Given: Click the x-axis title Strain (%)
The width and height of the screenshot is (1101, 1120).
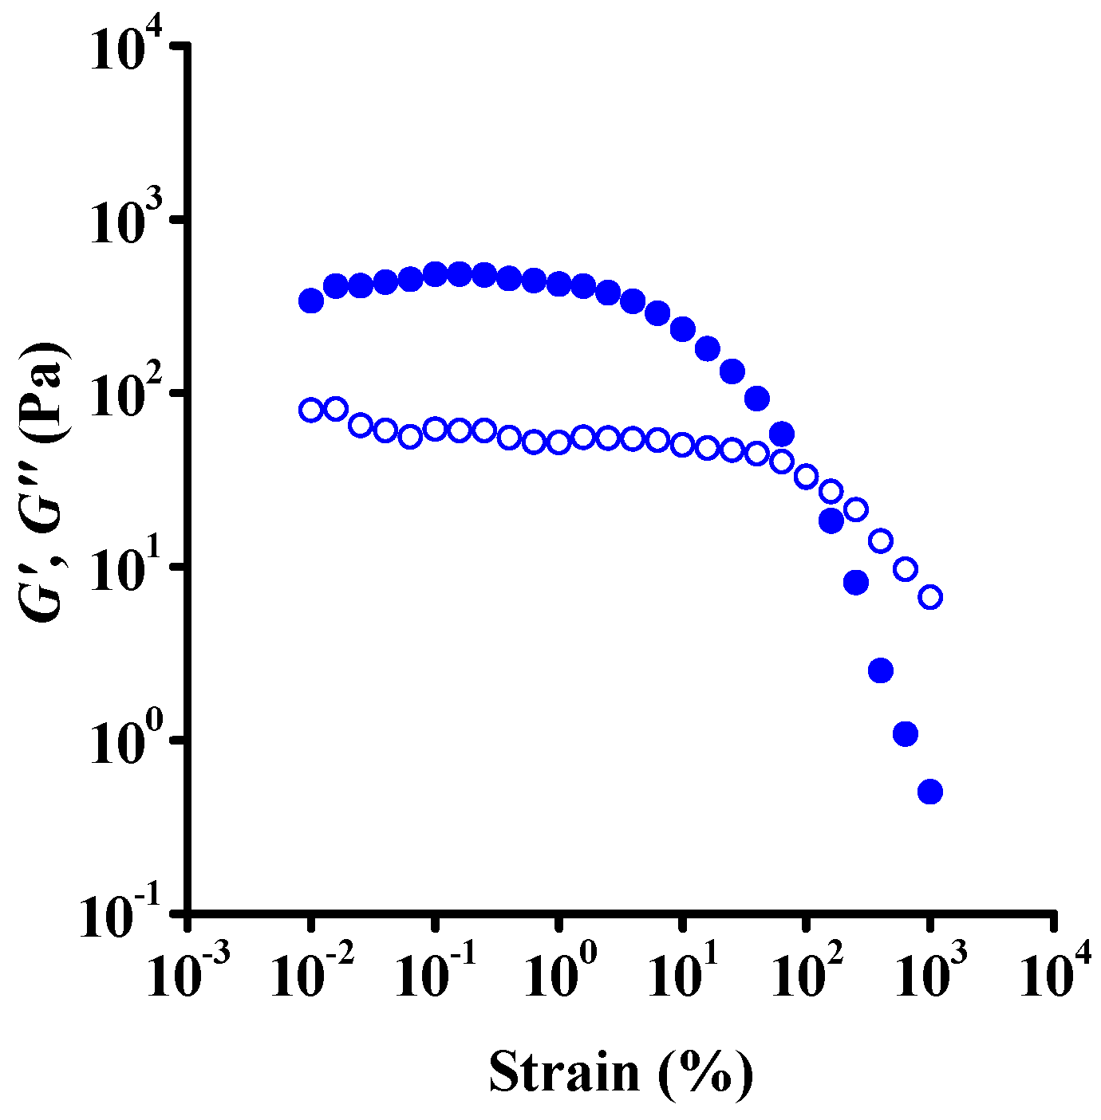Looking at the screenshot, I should pyautogui.click(x=621, y=1072).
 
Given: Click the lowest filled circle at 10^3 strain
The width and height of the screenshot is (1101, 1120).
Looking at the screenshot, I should pyautogui.click(x=930, y=792).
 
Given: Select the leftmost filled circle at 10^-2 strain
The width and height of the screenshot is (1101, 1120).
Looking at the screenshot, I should pyautogui.click(x=311, y=301).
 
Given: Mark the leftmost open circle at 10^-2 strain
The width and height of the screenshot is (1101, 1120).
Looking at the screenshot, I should pyautogui.click(x=311, y=411).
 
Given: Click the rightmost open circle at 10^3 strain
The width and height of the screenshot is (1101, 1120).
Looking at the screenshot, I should pyautogui.click(x=930, y=597).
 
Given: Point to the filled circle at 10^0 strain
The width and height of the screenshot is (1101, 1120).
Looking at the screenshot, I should pyautogui.click(x=559, y=284).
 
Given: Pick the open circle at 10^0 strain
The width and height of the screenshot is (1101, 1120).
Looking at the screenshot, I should pyautogui.click(x=559, y=442).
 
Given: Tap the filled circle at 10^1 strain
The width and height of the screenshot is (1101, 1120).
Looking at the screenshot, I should pyautogui.click(x=683, y=328).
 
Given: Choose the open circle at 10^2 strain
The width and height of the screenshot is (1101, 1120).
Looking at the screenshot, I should pyautogui.click(x=807, y=477).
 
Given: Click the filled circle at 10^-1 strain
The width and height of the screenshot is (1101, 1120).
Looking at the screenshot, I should pyautogui.click(x=435, y=274).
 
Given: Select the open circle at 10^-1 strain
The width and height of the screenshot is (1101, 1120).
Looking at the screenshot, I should pyautogui.click(x=435, y=429).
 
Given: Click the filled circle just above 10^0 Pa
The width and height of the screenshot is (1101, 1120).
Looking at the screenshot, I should pyautogui.click(x=906, y=734).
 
